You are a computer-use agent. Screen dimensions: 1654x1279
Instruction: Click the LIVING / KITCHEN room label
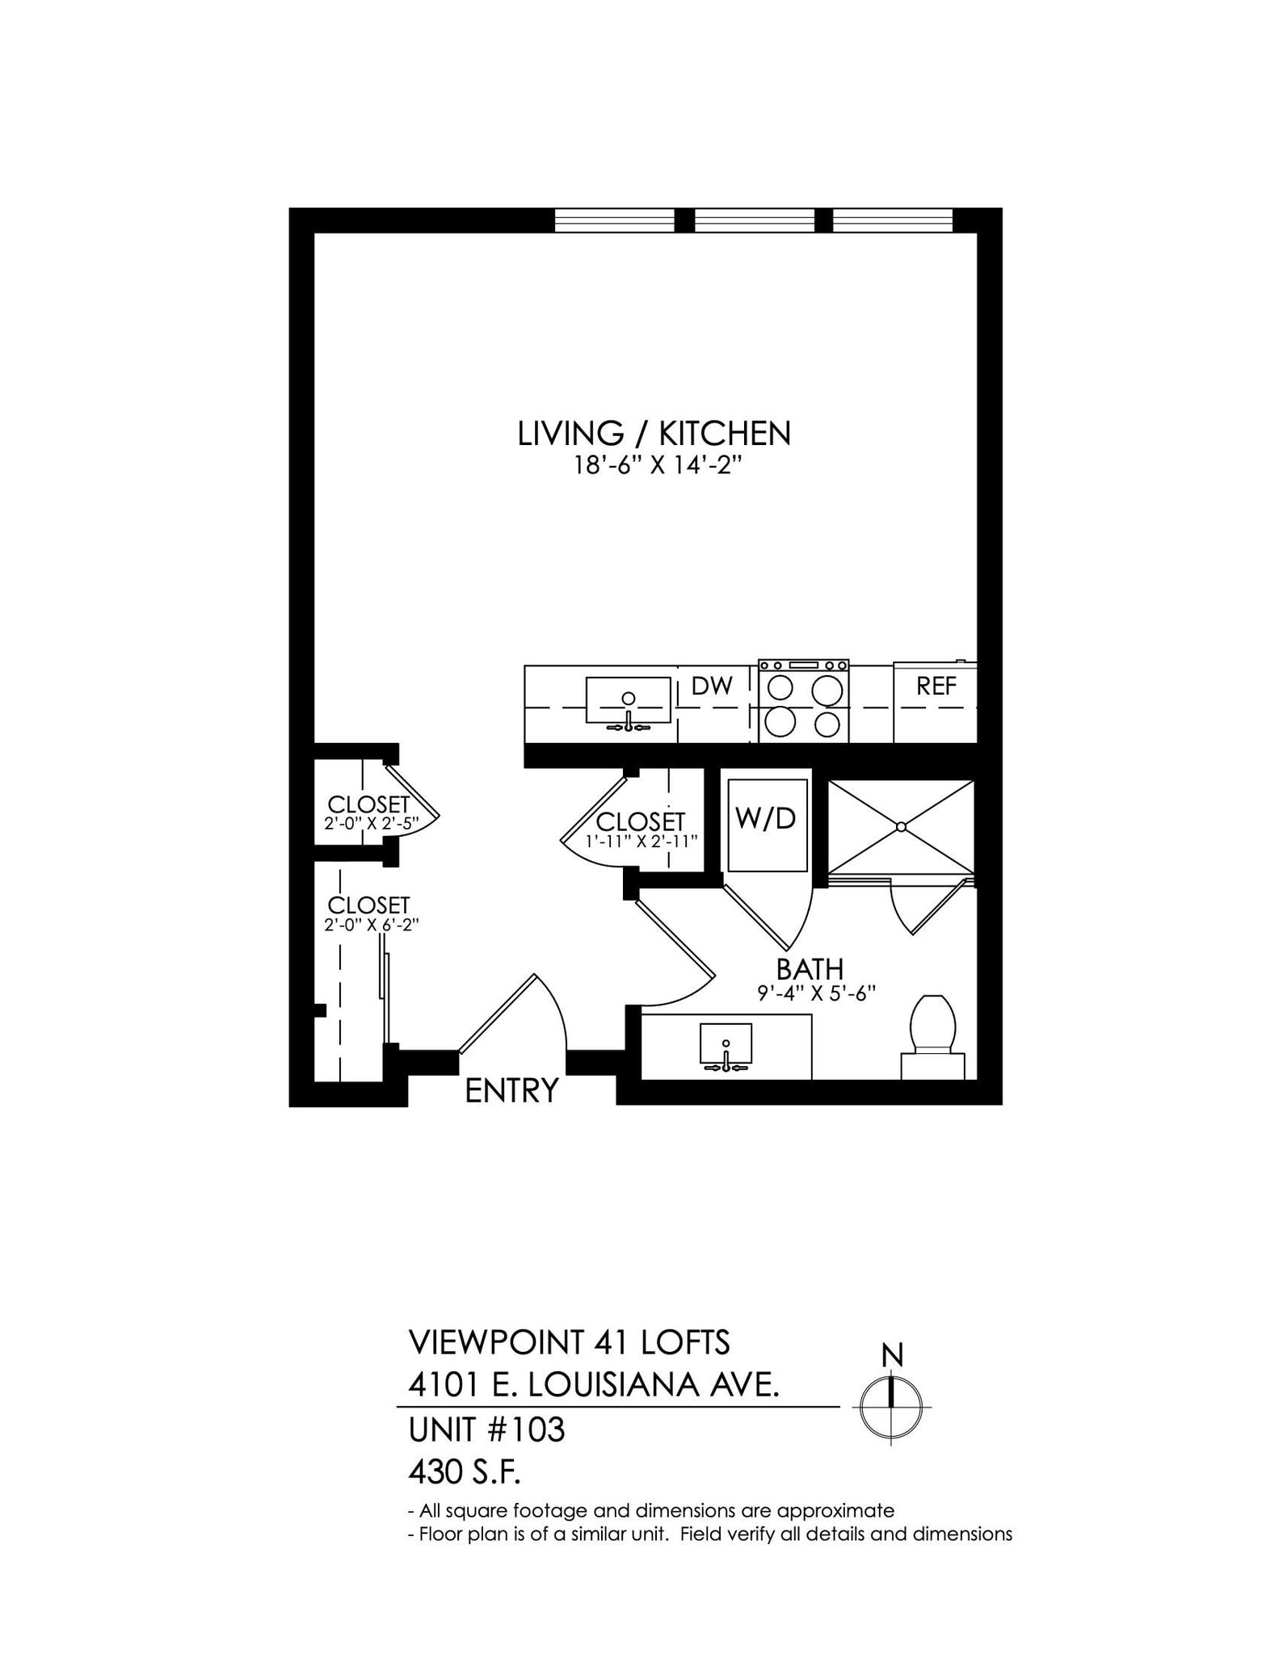pos(654,434)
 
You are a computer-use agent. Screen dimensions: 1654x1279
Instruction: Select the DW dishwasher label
pos(712,686)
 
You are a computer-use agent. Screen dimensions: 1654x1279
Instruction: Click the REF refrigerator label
pos(936,686)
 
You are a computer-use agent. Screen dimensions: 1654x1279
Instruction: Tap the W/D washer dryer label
pos(766,819)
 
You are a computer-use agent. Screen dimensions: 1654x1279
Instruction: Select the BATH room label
pos(810,969)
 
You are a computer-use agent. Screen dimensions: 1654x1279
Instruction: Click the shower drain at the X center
pos(901,827)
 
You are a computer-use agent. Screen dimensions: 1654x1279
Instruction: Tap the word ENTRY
pos(511,1091)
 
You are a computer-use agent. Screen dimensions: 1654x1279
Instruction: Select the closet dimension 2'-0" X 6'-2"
pos(371,926)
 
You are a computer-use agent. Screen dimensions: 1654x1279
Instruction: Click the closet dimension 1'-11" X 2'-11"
pos(642,842)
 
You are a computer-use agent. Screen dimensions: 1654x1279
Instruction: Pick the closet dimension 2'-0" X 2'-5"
pos(371,825)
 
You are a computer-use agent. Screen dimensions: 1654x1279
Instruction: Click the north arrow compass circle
pos(891,1406)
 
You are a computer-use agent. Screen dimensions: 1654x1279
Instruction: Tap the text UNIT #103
pos(486,1430)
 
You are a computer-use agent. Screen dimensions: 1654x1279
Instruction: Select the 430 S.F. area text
pos(464,1474)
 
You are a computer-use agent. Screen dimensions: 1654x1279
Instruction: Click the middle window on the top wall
pos(754,220)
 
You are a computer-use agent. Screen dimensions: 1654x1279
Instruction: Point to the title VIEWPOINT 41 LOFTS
pos(569,1343)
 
